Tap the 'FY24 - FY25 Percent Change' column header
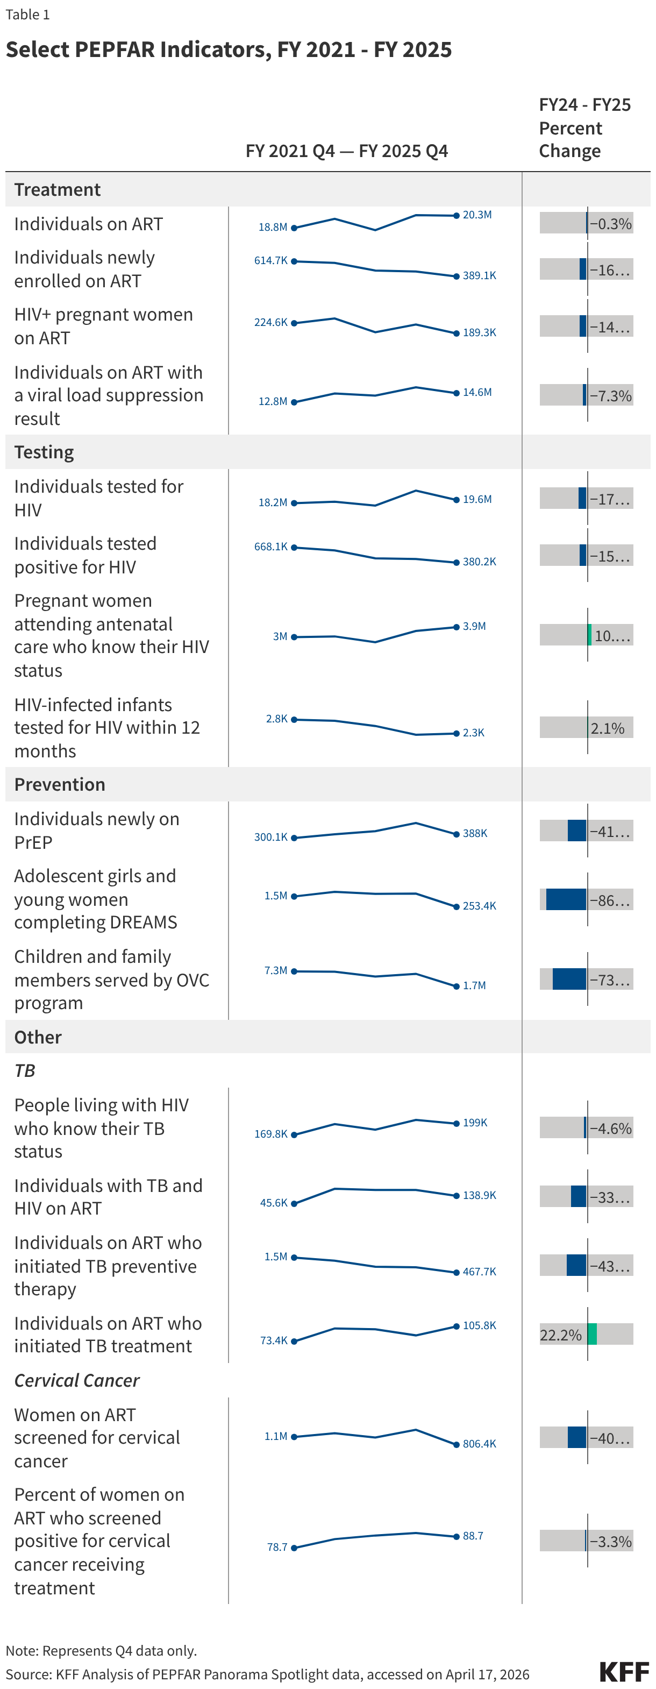pyautogui.click(x=584, y=128)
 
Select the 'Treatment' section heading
pyautogui.click(x=58, y=189)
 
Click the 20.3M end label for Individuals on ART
pyautogui.click(x=476, y=215)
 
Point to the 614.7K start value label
pyautogui.click(x=270, y=260)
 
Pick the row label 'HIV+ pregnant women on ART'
pyautogui.click(x=104, y=326)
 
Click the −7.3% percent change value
pyautogui.click(x=610, y=395)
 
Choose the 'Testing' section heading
pyautogui.click(x=44, y=452)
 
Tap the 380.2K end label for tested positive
pyautogui.click(x=479, y=562)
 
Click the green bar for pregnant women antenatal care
pyautogui.click(x=590, y=635)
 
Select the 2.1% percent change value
pyautogui.click(x=607, y=728)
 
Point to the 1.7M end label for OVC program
pyautogui.click(x=474, y=985)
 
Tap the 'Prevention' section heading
pyautogui.click(x=60, y=784)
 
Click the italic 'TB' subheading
pyautogui.click(x=25, y=1071)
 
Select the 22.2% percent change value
pyautogui.click(x=560, y=1335)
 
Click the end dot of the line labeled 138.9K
pyautogui.click(x=456, y=1196)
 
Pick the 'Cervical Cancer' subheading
pyautogui.click(x=77, y=1380)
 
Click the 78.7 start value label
pyautogui.click(x=277, y=1546)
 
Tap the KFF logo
pyautogui.click(x=623, y=1671)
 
